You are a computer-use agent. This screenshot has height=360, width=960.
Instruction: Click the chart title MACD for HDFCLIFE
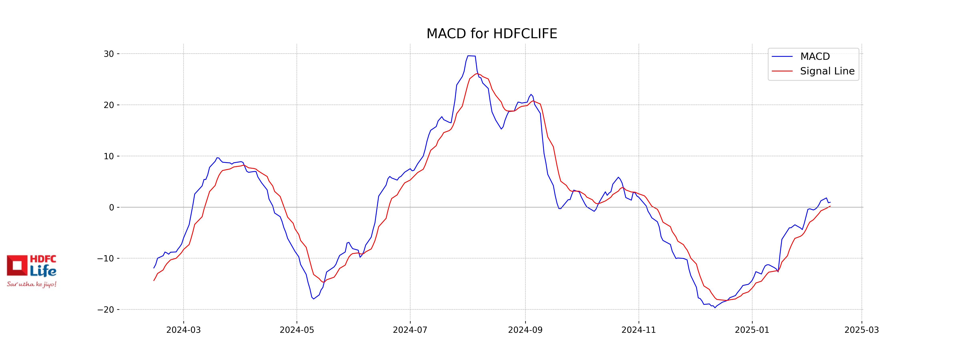click(x=492, y=34)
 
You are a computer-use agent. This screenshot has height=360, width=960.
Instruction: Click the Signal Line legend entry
click(x=827, y=71)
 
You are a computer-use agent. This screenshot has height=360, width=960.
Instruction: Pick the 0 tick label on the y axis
click(x=111, y=208)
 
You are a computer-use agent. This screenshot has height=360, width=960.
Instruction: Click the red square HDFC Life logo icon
click(x=17, y=265)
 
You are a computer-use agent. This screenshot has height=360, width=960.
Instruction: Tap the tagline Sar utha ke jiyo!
click(x=32, y=284)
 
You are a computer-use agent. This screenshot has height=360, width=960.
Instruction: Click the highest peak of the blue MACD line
click(x=470, y=56)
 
